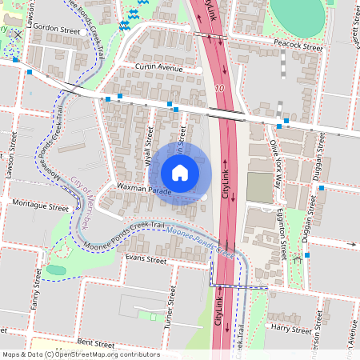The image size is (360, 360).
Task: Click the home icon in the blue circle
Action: coord(180,173)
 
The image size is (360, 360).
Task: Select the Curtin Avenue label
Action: coord(158,68)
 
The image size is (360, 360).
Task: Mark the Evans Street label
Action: coord(145,259)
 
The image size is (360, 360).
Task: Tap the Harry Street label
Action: coord(290,329)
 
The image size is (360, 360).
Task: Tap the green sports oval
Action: coord(298,13)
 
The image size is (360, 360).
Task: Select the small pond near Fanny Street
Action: coord(55,270)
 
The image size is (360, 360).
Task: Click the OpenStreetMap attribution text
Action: coord(80,354)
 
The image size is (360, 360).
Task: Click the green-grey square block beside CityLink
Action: coord(259,187)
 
